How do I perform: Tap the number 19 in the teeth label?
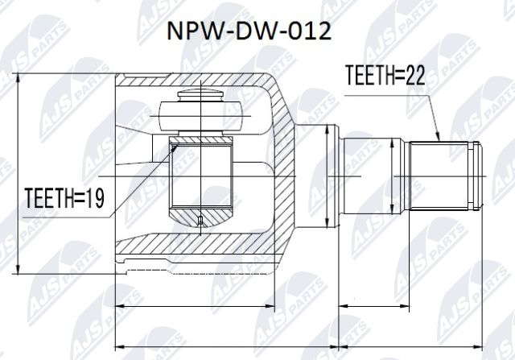pyautogui.click(x=96, y=196)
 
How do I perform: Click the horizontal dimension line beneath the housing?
pyautogui.click(x=197, y=305)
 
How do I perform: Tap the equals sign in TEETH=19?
pyautogui.click(x=81, y=196)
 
